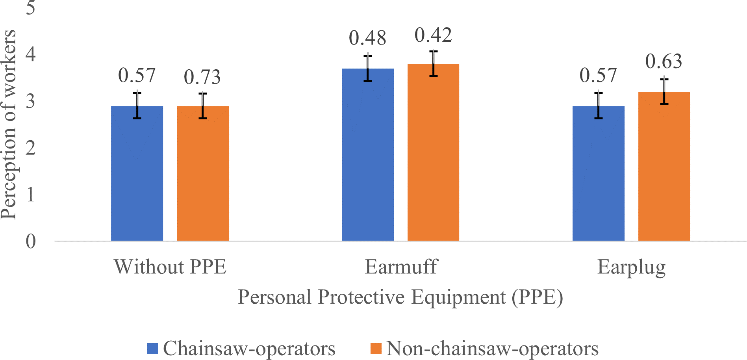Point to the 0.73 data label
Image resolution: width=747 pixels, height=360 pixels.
202,77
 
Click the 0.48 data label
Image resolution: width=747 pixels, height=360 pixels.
368,38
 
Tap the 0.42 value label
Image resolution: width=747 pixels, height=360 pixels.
433,35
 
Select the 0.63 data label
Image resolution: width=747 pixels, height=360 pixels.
664,61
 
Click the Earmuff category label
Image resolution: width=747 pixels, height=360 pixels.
401,267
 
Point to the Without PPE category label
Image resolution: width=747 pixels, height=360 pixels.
170,267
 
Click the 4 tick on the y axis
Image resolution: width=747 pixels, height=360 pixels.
31,54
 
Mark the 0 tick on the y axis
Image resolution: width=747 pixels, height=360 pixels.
31,241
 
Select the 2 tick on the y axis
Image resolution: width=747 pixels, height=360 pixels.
31,148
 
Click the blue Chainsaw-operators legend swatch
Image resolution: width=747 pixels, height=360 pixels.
153,349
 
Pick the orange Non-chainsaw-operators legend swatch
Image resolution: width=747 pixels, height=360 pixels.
376,349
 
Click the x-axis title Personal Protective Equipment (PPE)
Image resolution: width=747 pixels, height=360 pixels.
400,297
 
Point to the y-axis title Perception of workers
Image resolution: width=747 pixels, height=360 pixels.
9,124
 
